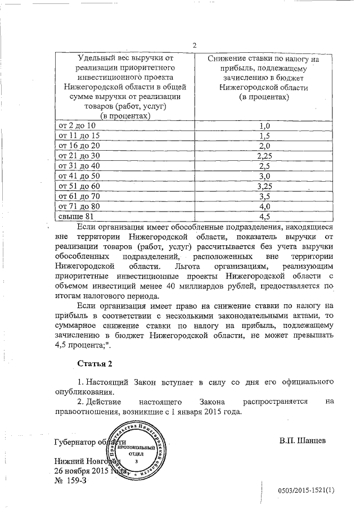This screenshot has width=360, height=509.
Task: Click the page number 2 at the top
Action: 194,46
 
